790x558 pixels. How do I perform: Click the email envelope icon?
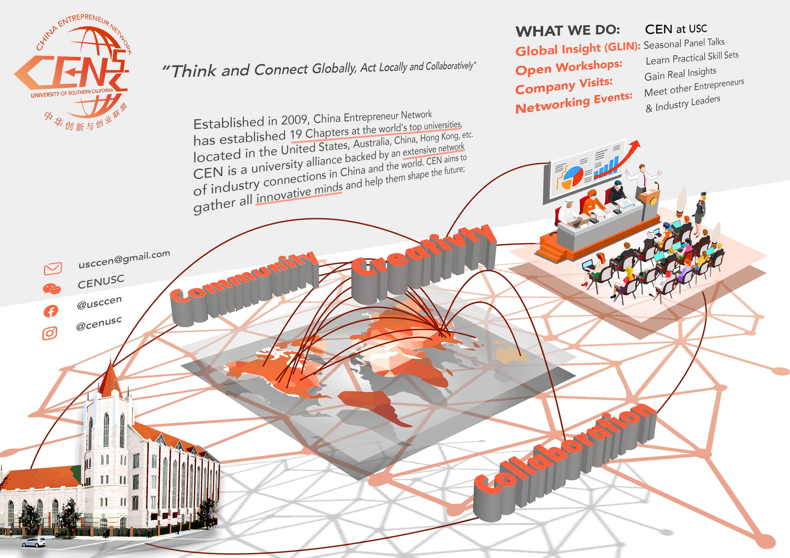click(53, 268)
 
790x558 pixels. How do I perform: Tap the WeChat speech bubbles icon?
click(52, 289)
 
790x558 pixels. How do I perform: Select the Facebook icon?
click(51, 311)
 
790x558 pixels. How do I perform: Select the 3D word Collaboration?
click(564, 457)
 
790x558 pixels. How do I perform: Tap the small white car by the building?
click(33, 542)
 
